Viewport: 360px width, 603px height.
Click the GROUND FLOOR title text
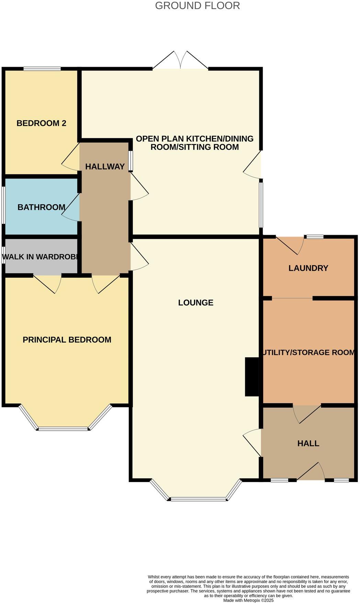click(197, 6)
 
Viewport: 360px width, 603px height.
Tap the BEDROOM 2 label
click(41, 123)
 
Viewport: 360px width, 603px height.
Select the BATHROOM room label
click(41, 207)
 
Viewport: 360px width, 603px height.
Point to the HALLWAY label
click(105, 167)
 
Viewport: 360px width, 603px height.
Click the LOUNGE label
click(195, 303)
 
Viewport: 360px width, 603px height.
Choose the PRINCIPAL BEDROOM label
click(67, 340)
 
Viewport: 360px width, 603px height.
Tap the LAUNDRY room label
click(308, 268)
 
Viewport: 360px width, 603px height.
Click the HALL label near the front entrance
click(308, 443)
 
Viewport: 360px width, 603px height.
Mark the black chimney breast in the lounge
click(252, 377)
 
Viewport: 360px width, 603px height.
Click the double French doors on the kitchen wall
click(180, 61)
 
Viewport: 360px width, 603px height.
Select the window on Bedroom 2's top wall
click(42, 69)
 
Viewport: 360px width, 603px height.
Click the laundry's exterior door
click(290, 245)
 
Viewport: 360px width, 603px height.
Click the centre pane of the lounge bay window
click(198, 499)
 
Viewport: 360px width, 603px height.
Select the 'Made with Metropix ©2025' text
click(248, 600)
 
